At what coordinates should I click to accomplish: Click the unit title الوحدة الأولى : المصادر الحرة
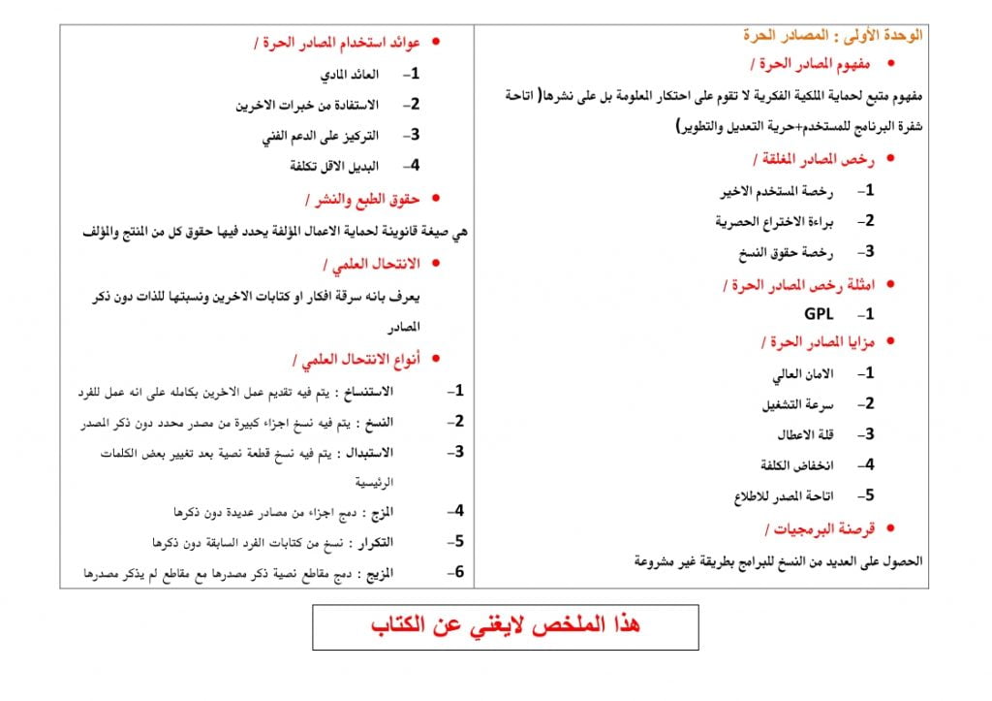click(x=832, y=36)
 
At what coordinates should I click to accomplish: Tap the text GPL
click(x=819, y=314)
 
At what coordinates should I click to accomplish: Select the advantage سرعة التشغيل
click(x=799, y=403)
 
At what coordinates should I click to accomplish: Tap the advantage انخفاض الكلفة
click(x=791, y=464)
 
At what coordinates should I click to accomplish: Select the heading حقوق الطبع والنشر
click(x=362, y=199)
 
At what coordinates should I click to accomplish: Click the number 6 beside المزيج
click(x=460, y=572)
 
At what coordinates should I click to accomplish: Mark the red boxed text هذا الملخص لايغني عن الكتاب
click(x=505, y=626)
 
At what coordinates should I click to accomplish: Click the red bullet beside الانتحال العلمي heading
click(x=435, y=263)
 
